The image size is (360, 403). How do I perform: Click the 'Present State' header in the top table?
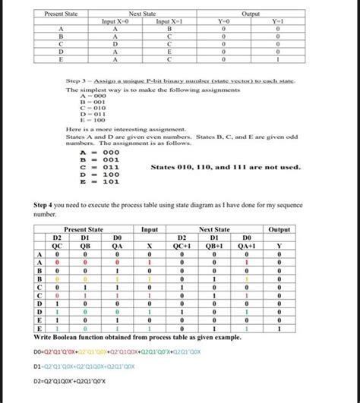click(60, 14)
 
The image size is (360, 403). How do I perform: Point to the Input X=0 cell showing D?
click(115, 43)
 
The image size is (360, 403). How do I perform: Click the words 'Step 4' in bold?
click(49, 206)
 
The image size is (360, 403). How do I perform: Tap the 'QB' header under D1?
click(86, 245)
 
